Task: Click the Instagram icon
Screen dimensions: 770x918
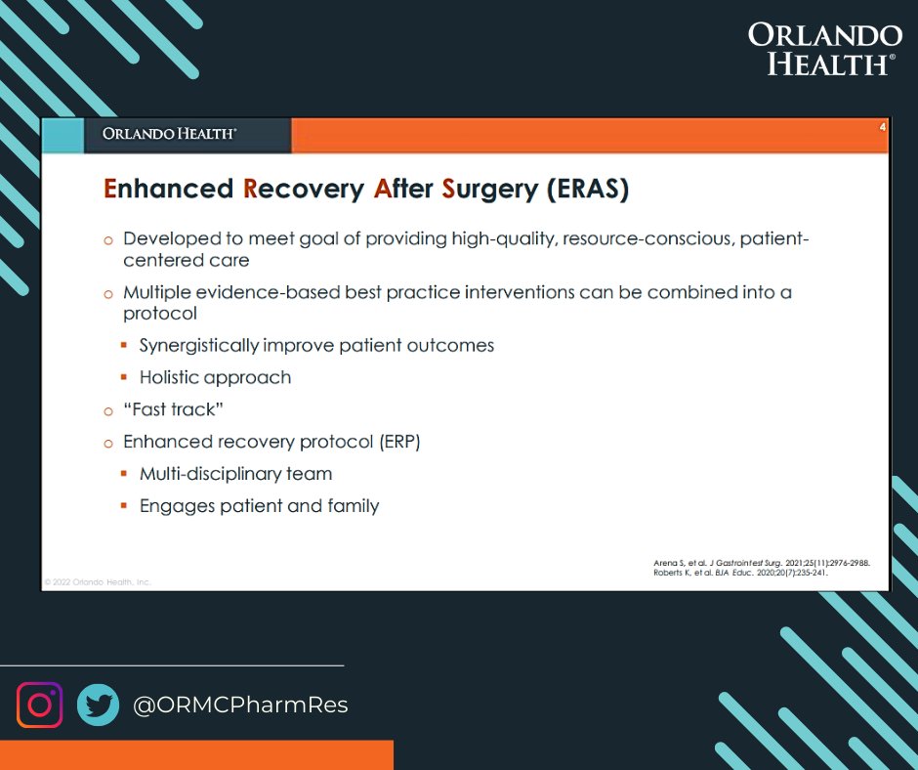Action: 39,705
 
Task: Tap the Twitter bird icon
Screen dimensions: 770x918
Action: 98,705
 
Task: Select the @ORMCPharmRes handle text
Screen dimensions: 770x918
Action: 239,706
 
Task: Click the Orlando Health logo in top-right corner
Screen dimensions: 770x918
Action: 824,49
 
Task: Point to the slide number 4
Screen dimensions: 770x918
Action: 882,128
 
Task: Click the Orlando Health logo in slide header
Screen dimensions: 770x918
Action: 169,134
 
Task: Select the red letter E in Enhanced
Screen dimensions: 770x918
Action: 110,190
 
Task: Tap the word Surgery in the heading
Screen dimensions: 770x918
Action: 489,191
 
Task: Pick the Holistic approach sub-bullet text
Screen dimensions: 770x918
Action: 215,377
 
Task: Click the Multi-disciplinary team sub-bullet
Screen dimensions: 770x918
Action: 235,474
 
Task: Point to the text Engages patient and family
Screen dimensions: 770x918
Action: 259,506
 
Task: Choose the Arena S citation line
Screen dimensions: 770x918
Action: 761,563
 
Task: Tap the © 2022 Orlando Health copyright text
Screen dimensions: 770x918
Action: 98,581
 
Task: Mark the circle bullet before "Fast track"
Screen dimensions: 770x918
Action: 109,410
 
